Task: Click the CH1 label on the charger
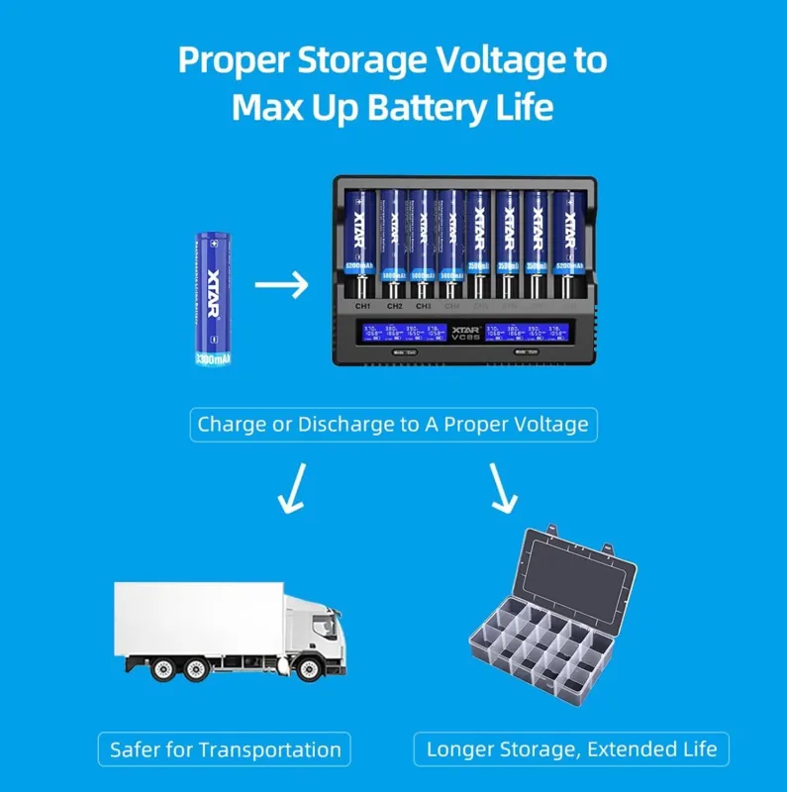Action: pyautogui.click(x=362, y=306)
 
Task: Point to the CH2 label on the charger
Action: pyautogui.click(x=393, y=306)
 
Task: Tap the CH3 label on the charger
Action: pyautogui.click(x=423, y=306)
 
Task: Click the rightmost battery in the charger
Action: pyautogui.click(x=568, y=238)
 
